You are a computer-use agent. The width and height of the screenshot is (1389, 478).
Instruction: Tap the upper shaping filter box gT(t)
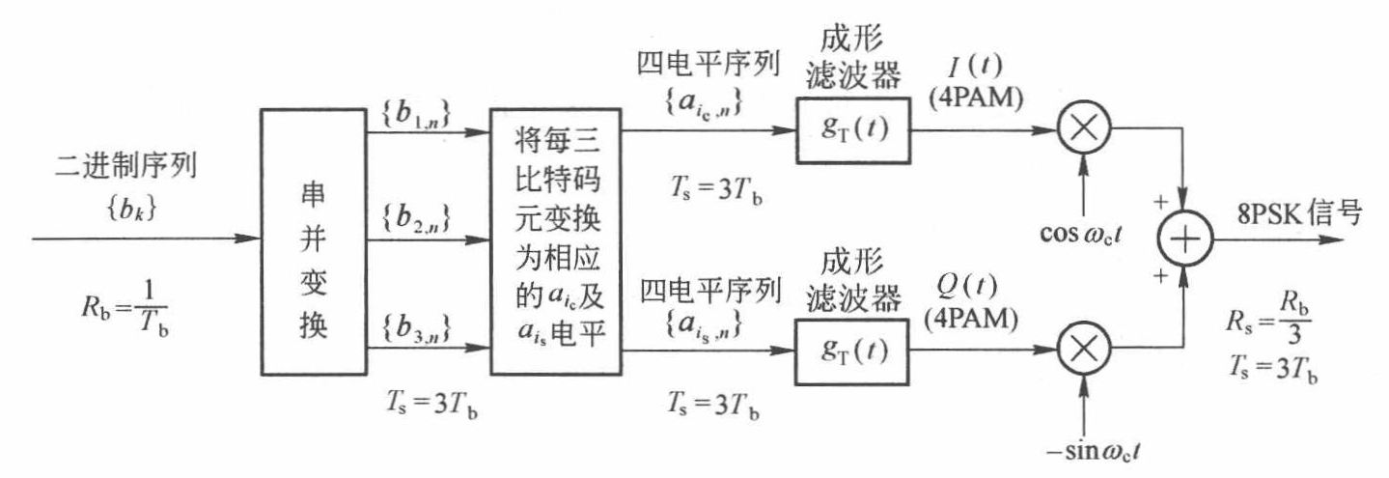852,130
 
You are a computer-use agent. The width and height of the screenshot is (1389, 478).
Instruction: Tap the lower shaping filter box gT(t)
852,351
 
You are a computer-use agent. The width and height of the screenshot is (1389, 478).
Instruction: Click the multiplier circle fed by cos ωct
1086,130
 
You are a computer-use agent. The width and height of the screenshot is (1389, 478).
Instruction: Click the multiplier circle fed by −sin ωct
1086,351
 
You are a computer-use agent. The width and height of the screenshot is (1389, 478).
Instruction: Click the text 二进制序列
126,167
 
